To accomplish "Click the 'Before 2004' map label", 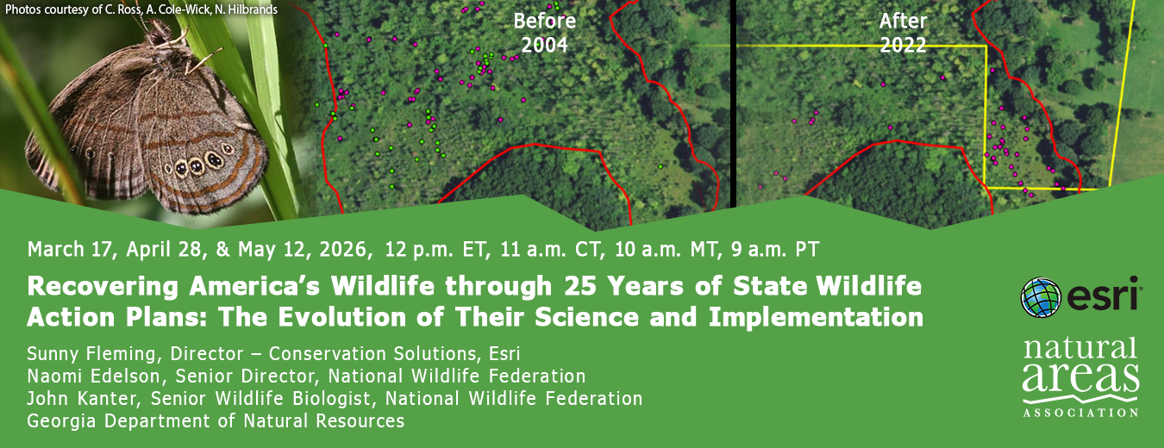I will (544, 33).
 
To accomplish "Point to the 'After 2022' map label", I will (903, 33).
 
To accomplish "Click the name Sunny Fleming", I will (95, 354).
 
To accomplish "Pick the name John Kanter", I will (84, 399).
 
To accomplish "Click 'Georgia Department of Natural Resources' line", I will (216, 421).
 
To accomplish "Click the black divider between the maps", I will (733, 103).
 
